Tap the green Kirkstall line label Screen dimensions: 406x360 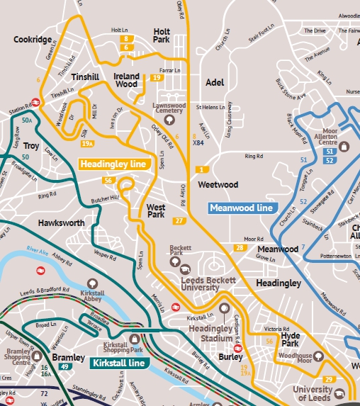(x=119, y=363)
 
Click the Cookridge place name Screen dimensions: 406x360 (x=33, y=40)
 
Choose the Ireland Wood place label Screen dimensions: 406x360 (x=126, y=80)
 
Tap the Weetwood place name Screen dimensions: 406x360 (x=218, y=185)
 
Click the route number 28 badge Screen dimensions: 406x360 (x=240, y=248)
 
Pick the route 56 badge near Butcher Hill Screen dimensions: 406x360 (x=108, y=181)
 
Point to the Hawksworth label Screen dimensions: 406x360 (x=62, y=222)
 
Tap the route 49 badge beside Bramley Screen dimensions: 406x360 (x=65, y=366)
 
